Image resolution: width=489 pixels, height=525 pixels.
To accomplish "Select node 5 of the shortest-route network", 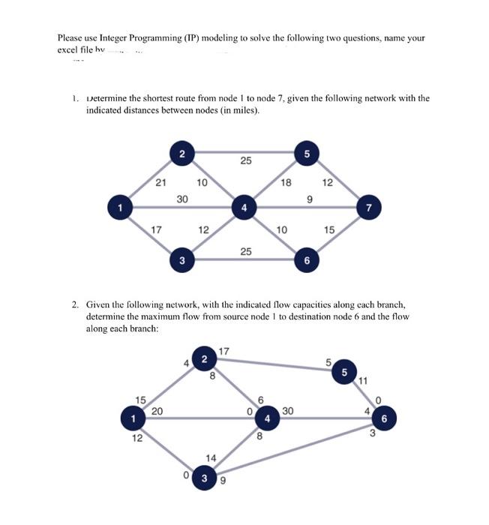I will (x=306, y=154).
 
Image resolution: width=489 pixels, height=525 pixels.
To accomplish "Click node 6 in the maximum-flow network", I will (x=382, y=419).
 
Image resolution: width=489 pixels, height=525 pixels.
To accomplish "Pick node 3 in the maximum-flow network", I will (x=204, y=477).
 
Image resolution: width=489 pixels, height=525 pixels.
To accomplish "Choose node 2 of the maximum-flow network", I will (x=204, y=359).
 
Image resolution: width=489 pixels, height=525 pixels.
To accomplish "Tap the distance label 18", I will (x=286, y=181).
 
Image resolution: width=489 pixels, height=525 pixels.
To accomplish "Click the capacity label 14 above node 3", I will (x=211, y=457).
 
